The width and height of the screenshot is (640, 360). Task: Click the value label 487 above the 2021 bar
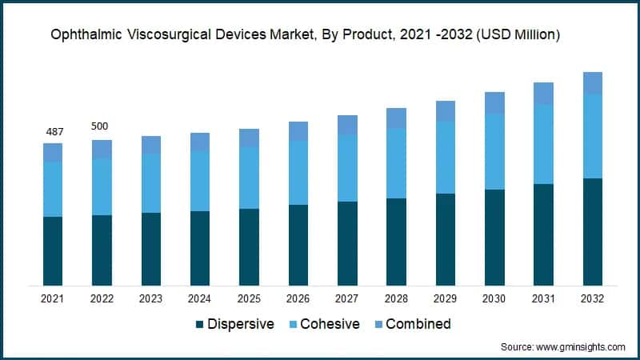pyautogui.click(x=53, y=132)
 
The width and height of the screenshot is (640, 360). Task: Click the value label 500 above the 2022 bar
pyautogui.click(x=102, y=126)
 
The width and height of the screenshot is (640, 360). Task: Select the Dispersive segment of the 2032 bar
pyautogui.click(x=593, y=232)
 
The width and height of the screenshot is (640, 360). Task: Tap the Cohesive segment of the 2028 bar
pyautogui.click(x=396, y=163)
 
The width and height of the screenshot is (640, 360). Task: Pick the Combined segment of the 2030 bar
pyautogui.click(x=494, y=102)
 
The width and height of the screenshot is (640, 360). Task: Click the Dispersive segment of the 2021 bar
pyautogui.click(x=53, y=251)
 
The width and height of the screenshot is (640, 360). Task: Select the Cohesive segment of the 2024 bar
pyautogui.click(x=200, y=181)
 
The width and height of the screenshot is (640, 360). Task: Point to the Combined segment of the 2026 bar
pyautogui.click(x=298, y=131)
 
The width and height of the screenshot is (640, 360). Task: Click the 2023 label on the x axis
pyautogui.click(x=150, y=298)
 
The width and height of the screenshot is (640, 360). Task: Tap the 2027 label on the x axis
pyautogui.click(x=347, y=298)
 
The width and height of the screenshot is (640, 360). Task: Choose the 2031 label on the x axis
pyautogui.click(x=543, y=298)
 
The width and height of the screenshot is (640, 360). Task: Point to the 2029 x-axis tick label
pyautogui.click(x=445, y=298)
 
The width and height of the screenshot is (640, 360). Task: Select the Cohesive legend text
pyautogui.click(x=330, y=324)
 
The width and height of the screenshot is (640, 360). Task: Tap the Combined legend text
pyautogui.click(x=418, y=324)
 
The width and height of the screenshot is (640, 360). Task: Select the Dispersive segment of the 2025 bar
pyautogui.click(x=249, y=247)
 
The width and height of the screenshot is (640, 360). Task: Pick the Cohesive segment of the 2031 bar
pyautogui.click(x=543, y=144)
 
